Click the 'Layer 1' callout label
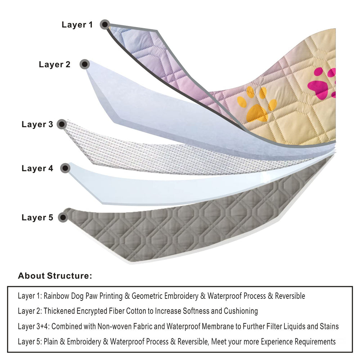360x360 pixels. (77, 25)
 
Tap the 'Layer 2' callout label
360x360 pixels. (55, 65)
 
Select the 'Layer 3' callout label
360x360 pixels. (37, 125)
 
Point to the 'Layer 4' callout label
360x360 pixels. (37, 168)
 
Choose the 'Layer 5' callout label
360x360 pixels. (37, 218)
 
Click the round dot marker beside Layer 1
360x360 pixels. (105, 24)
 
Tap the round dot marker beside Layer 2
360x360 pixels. (84, 64)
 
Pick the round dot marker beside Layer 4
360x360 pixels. (65, 168)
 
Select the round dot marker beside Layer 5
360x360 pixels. (63, 217)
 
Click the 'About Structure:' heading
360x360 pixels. (55, 276)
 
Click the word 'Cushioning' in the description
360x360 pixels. (241, 311)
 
